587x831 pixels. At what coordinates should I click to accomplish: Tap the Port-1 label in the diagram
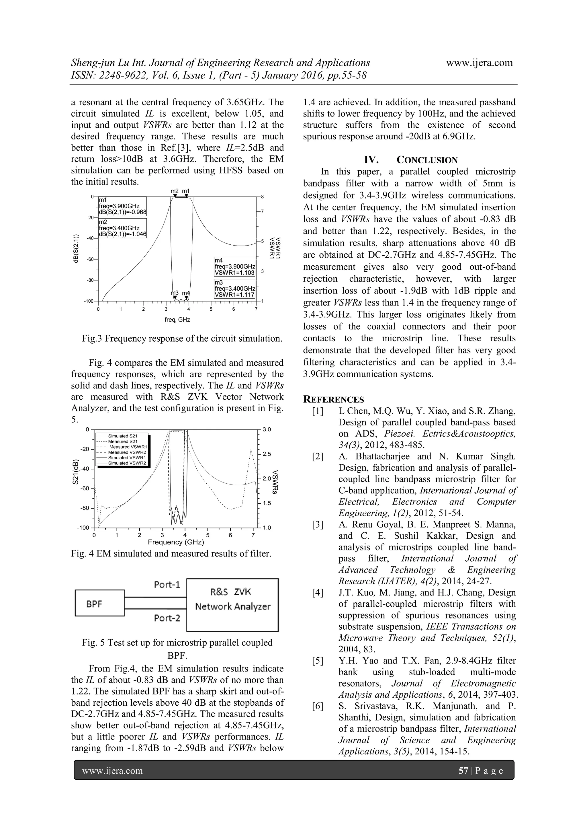pyautogui.click(x=167, y=585)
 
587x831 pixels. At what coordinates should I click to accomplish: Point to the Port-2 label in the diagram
pyautogui.click(x=167, y=618)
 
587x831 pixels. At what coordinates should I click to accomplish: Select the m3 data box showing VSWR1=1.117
pyautogui.click(x=234, y=289)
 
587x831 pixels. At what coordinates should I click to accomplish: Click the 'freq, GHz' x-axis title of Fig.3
pyautogui.click(x=177, y=320)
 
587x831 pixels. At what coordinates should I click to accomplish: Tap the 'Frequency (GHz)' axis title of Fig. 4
pyautogui.click(x=176, y=542)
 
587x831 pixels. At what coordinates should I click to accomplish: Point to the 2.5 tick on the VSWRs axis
pyautogui.click(x=267, y=454)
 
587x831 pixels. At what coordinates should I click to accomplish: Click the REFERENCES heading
pyautogui.click(x=333, y=400)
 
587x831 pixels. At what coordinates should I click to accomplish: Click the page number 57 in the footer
pyautogui.click(x=463, y=771)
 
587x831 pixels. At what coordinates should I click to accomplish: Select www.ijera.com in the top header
pyautogui.click(x=479, y=63)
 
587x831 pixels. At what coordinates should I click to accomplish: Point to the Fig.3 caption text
pyautogui.click(x=182, y=339)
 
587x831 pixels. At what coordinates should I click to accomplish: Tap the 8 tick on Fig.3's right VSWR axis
pyautogui.click(x=263, y=197)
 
